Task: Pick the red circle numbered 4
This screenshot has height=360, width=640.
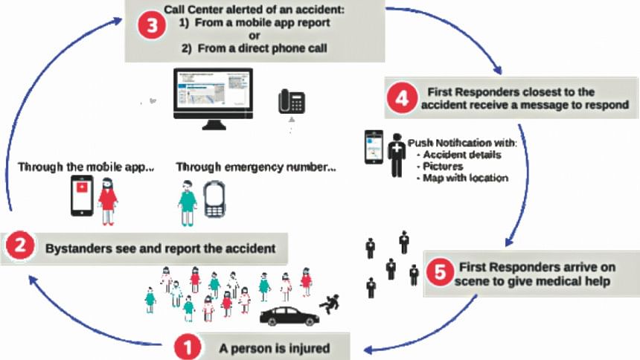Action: [402, 99]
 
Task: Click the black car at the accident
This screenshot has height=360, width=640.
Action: [289, 315]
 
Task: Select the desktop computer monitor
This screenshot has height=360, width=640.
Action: [212, 99]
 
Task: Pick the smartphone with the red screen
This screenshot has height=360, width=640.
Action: [81, 196]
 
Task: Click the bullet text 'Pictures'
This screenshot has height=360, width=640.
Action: [443, 167]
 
